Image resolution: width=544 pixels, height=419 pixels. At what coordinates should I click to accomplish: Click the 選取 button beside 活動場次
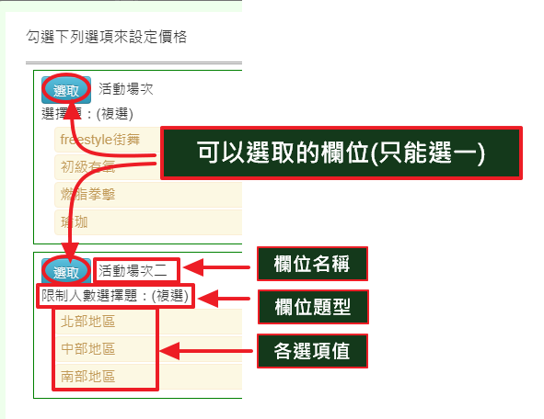pos(66,90)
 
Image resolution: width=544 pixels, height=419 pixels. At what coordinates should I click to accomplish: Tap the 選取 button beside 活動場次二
pos(66,272)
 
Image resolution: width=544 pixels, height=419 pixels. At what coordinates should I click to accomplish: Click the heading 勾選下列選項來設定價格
pos(107,37)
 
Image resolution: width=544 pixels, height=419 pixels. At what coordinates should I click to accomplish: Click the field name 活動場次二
pos(133,271)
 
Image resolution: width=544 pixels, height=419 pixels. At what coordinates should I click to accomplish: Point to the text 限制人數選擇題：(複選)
pos(115,296)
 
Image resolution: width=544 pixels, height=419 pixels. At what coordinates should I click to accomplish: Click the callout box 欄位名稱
pos(312,264)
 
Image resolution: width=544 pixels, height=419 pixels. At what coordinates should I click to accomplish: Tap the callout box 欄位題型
pos(313,307)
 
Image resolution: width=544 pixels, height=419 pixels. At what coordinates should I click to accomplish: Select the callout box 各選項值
pos(312,351)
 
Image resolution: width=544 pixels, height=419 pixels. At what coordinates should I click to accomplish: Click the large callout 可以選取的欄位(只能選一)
pos(341,153)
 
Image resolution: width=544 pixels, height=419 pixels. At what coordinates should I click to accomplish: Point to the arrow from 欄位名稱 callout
pos(216,267)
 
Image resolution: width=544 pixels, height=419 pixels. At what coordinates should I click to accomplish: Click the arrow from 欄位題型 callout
pos(224,299)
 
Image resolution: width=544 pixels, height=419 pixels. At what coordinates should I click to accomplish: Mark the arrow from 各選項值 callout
pos(206,351)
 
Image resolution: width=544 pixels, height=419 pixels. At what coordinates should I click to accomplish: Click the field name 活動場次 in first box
pos(125,89)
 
